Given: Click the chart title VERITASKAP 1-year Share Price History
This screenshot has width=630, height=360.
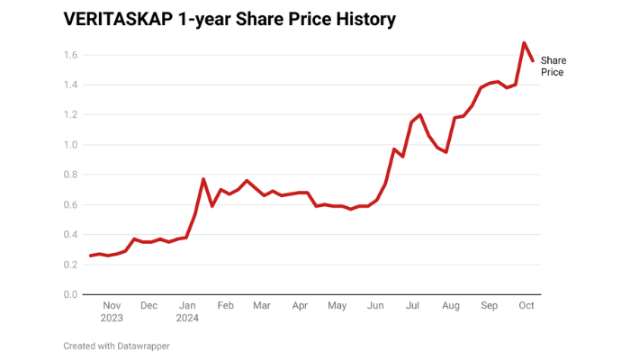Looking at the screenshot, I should (229, 19).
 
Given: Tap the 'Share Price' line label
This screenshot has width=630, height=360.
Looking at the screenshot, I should (553, 66).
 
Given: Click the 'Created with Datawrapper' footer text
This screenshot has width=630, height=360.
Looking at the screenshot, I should (116, 346).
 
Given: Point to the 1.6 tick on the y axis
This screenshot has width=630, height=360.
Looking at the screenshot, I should (69, 55).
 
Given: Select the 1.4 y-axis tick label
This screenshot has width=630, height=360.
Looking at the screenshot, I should (69, 85).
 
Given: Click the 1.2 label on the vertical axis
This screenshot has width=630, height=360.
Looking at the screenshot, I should (69, 115).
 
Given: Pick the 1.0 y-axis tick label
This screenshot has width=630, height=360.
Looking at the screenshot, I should (69, 145).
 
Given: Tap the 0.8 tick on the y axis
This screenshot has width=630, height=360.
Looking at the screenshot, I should (69, 175).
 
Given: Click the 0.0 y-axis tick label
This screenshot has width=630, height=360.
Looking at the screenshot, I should (69, 294).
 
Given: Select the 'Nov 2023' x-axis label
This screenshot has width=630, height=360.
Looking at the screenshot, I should (112, 311).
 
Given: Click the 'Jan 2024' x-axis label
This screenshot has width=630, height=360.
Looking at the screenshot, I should (188, 311).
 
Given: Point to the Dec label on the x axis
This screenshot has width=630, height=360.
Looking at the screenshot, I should (149, 306).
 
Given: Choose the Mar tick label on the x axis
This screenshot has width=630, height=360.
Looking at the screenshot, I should (261, 306).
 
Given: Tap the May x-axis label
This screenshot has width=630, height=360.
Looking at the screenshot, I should (337, 306).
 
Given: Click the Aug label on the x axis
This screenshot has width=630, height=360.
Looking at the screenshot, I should (451, 306).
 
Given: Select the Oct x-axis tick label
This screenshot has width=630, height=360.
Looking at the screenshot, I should (527, 306).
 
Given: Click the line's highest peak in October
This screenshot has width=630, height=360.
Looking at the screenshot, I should (524, 42).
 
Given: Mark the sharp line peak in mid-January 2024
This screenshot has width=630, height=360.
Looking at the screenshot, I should (203, 179).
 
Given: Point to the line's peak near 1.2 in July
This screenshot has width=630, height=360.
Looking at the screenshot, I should (420, 114).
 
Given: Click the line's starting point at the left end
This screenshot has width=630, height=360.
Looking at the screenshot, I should (91, 256).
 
